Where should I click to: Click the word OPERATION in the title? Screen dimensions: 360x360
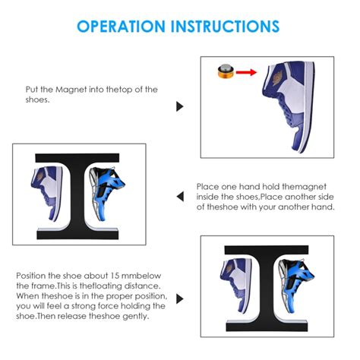click(x=121, y=27)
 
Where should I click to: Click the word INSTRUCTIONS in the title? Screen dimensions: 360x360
click(x=225, y=27)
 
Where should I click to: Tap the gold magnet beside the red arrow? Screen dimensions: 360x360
click(x=225, y=71)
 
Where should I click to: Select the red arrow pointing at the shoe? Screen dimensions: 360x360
click(x=246, y=72)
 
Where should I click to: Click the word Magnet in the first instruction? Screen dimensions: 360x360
click(x=71, y=90)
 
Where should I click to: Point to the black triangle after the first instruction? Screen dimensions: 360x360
click(x=180, y=106)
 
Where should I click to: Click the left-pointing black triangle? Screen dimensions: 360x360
click(x=180, y=197)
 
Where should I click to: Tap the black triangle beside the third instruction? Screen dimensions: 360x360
click(x=180, y=299)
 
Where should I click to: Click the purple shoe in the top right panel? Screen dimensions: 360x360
click(x=289, y=106)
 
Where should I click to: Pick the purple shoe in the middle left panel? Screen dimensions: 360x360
click(x=47, y=193)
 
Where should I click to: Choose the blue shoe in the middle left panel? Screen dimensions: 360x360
click(x=106, y=193)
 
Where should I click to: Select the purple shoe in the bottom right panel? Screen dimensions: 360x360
click(x=236, y=286)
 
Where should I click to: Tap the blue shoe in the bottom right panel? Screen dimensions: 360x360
click(x=296, y=286)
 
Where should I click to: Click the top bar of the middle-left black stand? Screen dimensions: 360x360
click(x=77, y=158)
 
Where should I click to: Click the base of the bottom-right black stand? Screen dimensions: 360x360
click(x=267, y=326)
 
